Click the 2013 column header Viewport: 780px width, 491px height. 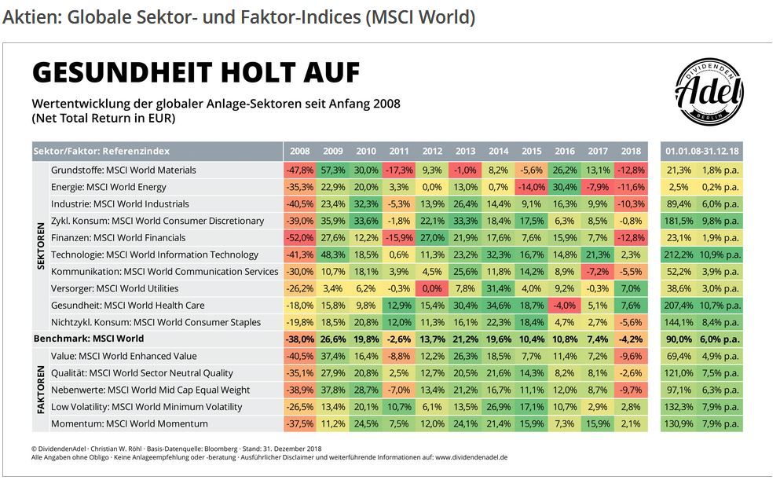(465, 151)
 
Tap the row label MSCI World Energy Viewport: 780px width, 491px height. (108, 187)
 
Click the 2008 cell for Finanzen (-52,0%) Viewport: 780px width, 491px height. (299, 237)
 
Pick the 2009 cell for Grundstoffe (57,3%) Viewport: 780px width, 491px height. (333, 170)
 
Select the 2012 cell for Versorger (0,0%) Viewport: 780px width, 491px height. (432, 288)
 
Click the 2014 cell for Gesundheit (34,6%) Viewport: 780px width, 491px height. (498, 305)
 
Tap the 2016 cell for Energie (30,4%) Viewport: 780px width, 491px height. (564, 187)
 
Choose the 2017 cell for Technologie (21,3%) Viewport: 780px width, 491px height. (598, 255)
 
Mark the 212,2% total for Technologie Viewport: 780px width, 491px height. (679, 255)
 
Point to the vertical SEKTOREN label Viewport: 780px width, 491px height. (41, 246)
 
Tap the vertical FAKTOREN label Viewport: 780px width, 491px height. (41, 390)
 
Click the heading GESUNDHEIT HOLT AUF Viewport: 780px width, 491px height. (196, 73)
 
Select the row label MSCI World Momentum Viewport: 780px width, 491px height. (130, 423)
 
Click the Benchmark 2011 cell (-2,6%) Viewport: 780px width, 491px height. (399, 339)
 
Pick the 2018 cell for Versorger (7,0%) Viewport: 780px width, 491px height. (631, 288)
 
